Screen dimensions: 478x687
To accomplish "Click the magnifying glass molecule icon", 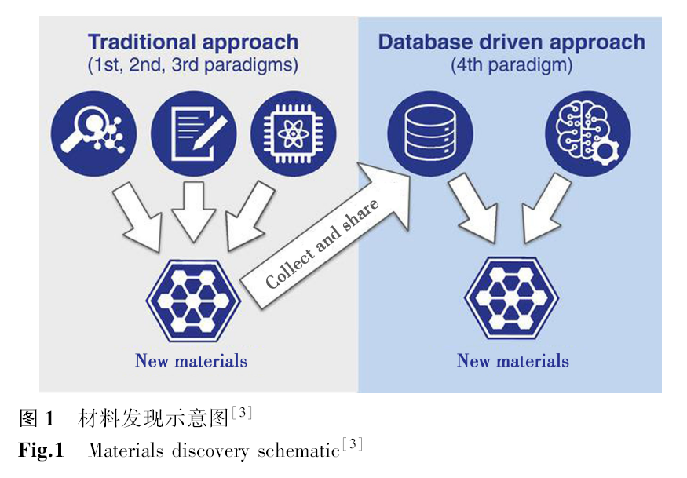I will pos(93,133).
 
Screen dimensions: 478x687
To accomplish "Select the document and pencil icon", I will pos(193,133).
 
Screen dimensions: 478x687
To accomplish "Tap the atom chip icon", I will pos(293,133).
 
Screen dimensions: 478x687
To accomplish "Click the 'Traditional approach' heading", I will pos(193,41).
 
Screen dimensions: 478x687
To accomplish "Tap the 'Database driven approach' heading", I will pos(512,41).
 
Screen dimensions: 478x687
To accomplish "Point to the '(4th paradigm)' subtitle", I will pos(512,65).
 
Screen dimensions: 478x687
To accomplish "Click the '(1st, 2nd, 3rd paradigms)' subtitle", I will pos(193,65).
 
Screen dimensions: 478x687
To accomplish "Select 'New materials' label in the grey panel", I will pos(191,361).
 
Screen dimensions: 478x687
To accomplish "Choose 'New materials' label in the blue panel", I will pos(513,361).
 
